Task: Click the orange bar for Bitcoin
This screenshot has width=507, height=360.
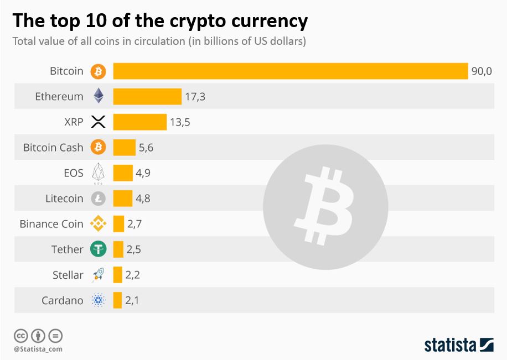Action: coord(291,71)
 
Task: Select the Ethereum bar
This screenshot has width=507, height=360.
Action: coord(147,96)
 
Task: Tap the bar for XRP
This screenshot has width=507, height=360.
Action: coord(139,122)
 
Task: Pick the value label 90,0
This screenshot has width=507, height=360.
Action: coord(482,71)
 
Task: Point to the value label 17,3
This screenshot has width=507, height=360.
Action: coord(195,97)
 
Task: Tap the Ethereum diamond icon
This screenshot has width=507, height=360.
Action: coord(98,96)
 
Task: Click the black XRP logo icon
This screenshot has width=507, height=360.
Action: coord(98,122)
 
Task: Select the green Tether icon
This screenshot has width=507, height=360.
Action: coord(98,249)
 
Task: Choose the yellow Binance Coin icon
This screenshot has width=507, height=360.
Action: coord(98,224)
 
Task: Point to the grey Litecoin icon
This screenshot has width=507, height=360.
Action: coord(98,199)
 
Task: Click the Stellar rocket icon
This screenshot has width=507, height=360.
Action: coord(98,275)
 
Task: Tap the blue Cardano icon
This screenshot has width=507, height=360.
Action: coord(98,301)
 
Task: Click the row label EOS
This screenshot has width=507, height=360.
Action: coord(74,173)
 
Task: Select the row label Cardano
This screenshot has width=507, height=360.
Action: coord(63,301)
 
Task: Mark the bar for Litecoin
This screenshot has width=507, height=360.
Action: coord(123,199)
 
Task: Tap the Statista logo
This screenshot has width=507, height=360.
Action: coord(459,345)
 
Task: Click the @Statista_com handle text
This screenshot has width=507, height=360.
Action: coord(38,349)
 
